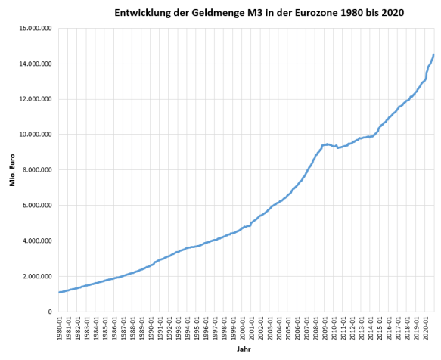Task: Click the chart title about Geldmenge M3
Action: pos(258,13)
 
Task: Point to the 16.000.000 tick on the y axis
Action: pos(35,29)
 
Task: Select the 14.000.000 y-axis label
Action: pos(35,64)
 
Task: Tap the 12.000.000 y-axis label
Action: pos(35,99)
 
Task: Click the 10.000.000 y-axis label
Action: pos(35,135)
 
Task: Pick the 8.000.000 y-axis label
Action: pos(37,170)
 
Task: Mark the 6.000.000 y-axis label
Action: pos(37,206)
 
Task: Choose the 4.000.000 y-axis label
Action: pos(37,241)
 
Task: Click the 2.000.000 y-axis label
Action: pos(37,277)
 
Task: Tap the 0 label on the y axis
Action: pos(49,312)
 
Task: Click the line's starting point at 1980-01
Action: pos(59,293)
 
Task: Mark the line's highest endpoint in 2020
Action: pos(433,54)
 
